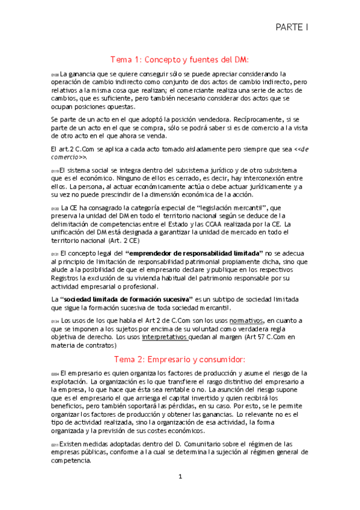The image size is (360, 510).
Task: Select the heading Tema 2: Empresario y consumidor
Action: point(180,359)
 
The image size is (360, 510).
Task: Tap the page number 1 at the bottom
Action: point(180,477)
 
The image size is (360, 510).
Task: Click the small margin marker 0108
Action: point(55,75)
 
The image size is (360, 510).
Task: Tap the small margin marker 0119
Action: point(55,171)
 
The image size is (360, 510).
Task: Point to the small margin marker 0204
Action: point(55,374)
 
